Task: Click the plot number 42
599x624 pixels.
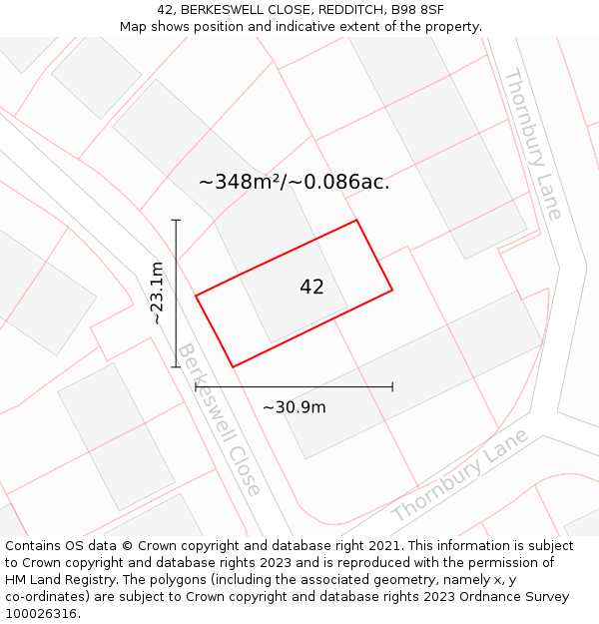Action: [311, 288]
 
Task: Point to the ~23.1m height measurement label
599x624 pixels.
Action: [157, 293]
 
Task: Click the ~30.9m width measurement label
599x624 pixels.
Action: [294, 406]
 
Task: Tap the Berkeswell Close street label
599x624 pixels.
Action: [218, 419]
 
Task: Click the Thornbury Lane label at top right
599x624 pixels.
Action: [532, 143]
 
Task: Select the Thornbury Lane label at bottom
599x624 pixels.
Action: [459, 477]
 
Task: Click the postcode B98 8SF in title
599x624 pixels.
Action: [418, 10]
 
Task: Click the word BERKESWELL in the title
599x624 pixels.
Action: [224, 10]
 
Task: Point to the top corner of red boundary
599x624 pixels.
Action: [356, 221]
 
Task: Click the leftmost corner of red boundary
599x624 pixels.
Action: [196, 296]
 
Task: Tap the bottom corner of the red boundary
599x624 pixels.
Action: [233, 366]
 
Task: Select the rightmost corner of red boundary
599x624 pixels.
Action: [392, 290]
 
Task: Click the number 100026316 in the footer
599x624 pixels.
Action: [41, 613]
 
